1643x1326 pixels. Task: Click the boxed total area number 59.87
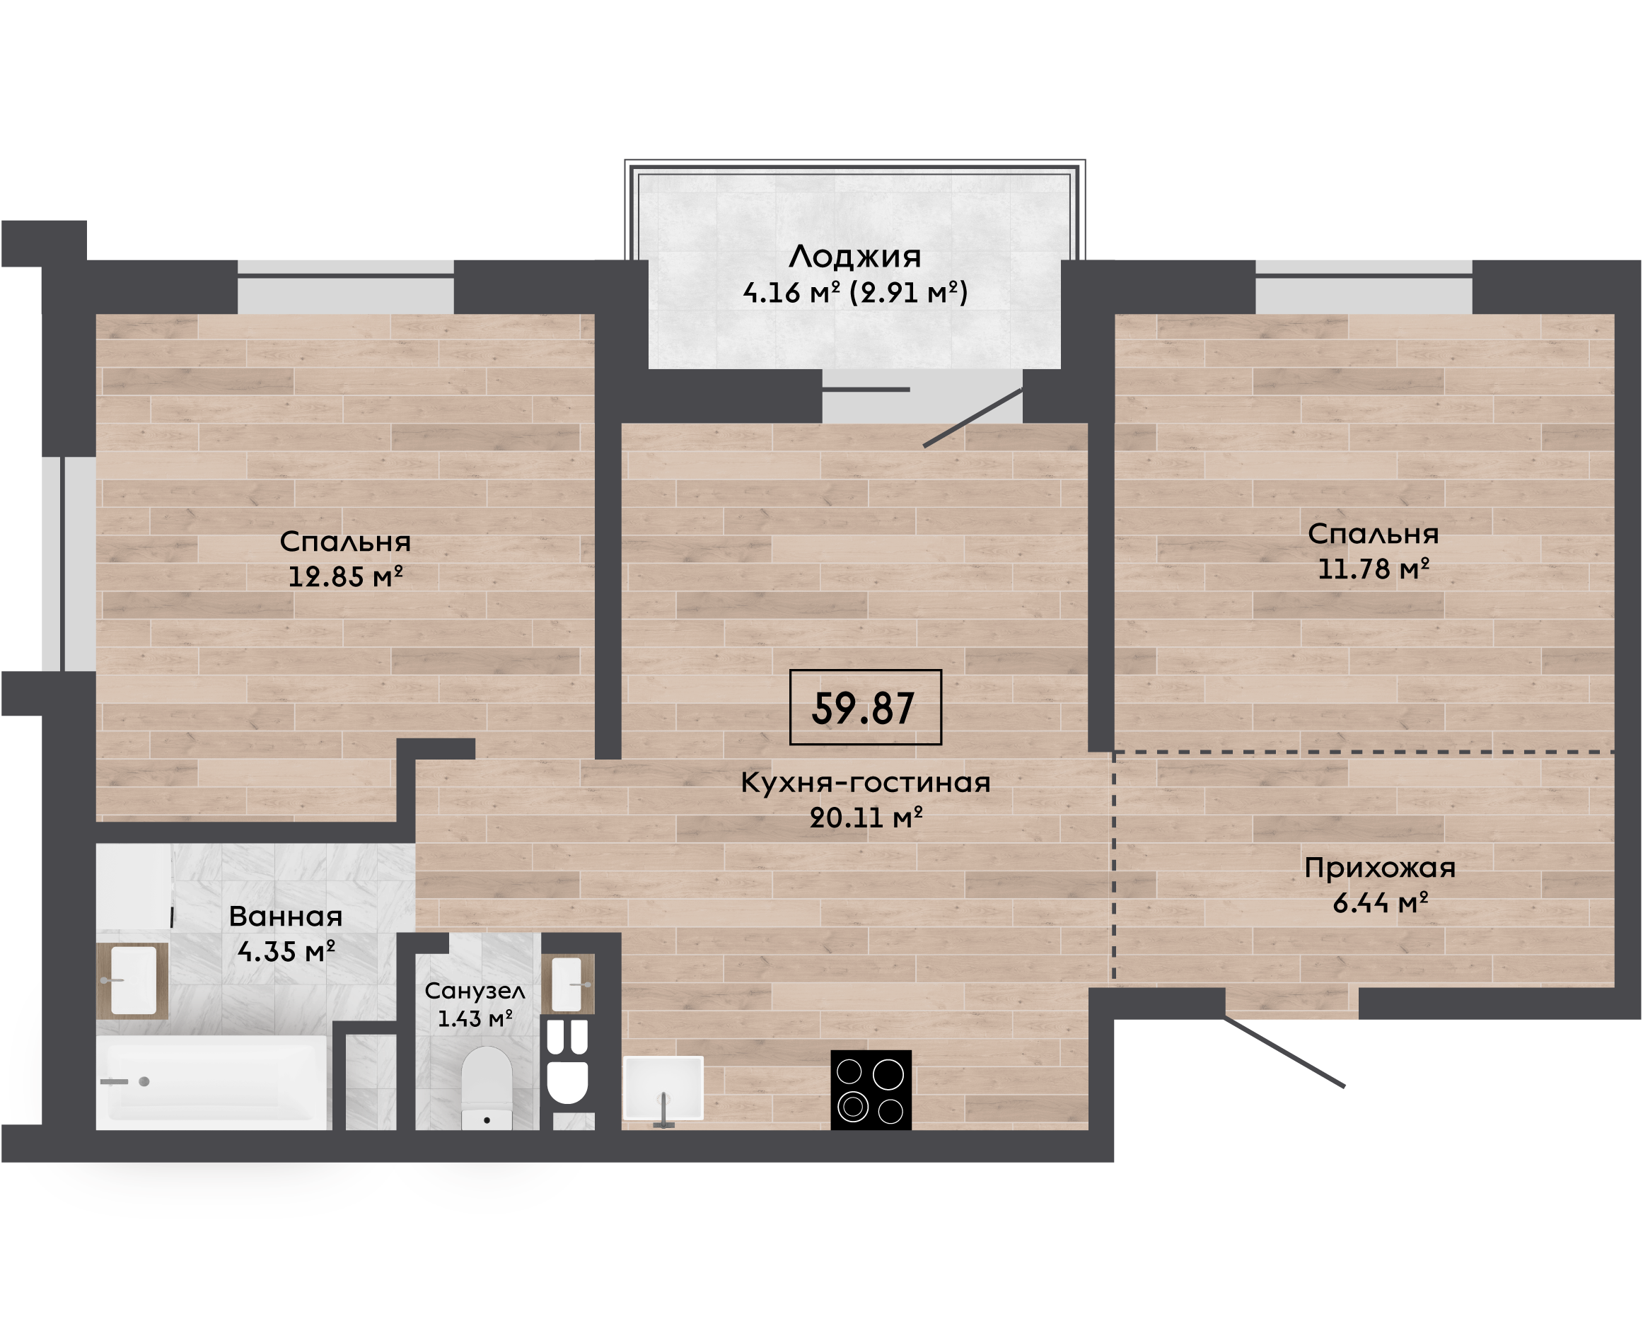(864, 708)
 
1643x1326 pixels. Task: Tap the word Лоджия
(854, 257)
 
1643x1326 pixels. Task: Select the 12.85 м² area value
(345, 576)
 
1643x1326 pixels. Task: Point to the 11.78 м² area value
(1374, 569)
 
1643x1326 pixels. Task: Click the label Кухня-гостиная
(866, 782)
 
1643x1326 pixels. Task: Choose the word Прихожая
(1379, 868)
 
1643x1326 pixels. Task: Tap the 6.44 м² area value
(1380, 904)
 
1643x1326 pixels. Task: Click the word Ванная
(286, 917)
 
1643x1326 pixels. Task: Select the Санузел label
(475, 991)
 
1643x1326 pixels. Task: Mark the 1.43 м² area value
(475, 1019)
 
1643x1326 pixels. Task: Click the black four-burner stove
(871, 1090)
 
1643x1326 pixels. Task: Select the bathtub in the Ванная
(212, 1081)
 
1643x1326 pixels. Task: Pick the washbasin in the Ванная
(133, 981)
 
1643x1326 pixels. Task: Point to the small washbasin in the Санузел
(567, 984)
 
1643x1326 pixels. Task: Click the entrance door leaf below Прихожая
(1284, 1052)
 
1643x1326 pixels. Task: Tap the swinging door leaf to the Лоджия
(973, 418)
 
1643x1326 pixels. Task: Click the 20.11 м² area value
(866, 818)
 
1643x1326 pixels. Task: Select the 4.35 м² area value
(286, 952)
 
